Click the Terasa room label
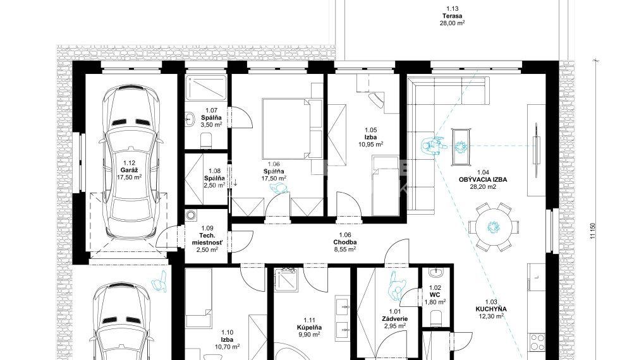[453, 16]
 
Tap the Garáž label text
[129, 171]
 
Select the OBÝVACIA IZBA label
[483, 179]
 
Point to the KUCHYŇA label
[491, 309]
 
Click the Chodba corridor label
[344, 243]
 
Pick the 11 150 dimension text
[592, 231]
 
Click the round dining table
[494, 227]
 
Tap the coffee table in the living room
[461, 147]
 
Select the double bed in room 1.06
[286, 129]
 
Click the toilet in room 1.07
[207, 141]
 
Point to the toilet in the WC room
[436, 317]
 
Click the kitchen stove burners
[537, 342]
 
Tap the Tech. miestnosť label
[207, 239]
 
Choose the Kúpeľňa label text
[309, 327]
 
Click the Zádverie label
[395, 319]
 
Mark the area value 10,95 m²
[370, 144]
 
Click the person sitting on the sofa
[433, 145]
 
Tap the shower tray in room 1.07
[206, 87]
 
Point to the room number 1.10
[227, 332]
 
